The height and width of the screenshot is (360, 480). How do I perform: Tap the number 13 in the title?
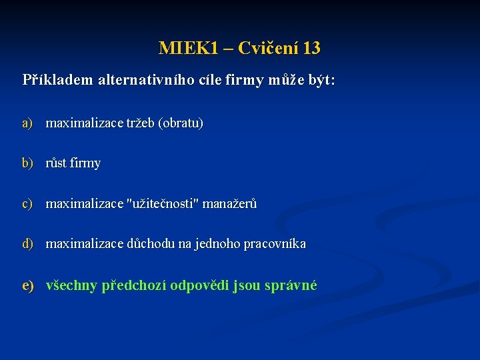(x=311, y=49)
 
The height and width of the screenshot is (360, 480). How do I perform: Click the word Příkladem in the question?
(x=58, y=81)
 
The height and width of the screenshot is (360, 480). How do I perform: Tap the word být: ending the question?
(x=319, y=81)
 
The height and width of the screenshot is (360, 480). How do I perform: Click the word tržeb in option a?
(x=140, y=123)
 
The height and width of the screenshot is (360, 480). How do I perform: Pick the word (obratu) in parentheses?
(x=181, y=123)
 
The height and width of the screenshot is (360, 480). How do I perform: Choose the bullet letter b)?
(x=27, y=163)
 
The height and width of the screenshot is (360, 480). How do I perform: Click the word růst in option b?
(x=57, y=163)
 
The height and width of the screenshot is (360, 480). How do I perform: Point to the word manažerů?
(x=229, y=203)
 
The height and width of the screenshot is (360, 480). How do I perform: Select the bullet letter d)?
(x=27, y=243)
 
